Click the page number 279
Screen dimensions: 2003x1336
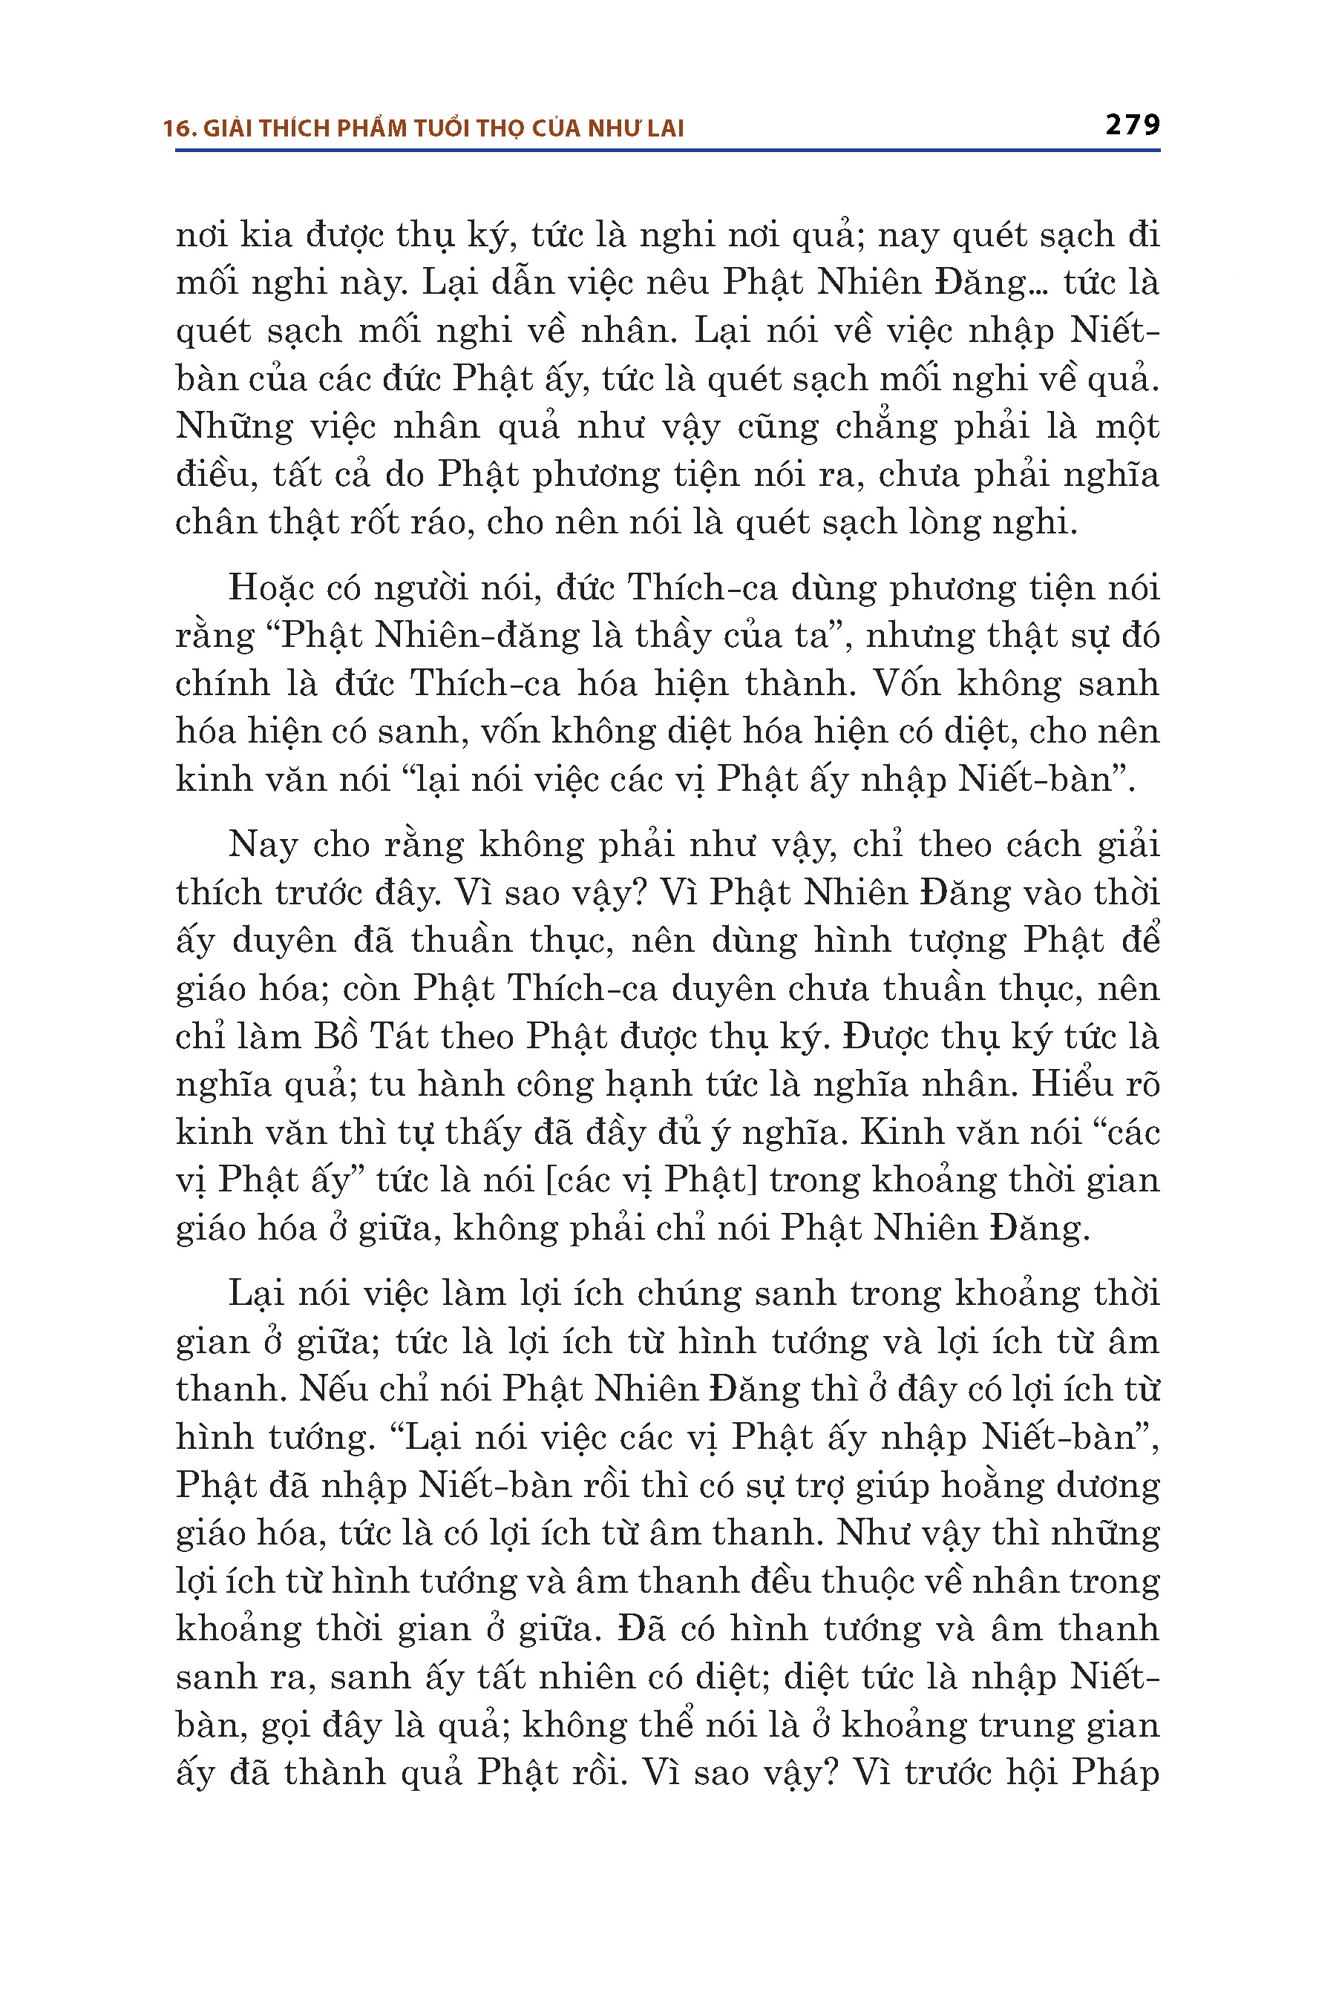[1133, 125]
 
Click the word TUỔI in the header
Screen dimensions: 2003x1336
[442, 128]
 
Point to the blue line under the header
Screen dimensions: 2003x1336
[667, 151]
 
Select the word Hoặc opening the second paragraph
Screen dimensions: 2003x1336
[271, 588]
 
